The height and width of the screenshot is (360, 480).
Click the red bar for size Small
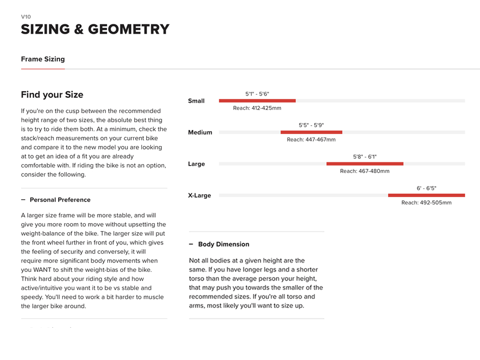(257, 101)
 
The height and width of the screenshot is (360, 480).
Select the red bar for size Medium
(311, 132)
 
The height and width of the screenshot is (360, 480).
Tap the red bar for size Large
(365, 164)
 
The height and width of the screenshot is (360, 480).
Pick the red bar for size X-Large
(426, 195)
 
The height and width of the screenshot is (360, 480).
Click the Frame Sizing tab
(43, 60)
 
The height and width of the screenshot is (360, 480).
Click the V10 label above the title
(26, 17)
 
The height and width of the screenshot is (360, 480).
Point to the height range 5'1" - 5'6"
(257, 94)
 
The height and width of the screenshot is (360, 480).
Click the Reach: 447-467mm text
(311, 140)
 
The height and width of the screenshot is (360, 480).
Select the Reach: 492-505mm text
(426, 202)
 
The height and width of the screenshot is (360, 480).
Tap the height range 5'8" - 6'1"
(365, 157)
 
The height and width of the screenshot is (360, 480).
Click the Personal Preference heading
(60, 200)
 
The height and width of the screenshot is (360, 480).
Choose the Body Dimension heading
(224, 244)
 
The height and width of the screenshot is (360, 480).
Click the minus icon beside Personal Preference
(23, 200)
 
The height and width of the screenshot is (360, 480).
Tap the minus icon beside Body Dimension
(191, 244)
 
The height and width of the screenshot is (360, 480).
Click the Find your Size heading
(52, 95)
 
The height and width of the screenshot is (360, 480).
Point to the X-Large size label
(200, 195)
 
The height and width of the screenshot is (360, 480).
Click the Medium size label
(200, 133)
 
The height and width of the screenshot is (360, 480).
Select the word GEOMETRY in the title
(128, 29)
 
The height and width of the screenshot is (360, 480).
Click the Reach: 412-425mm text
(257, 108)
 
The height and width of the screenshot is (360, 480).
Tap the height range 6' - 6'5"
(426, 188)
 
